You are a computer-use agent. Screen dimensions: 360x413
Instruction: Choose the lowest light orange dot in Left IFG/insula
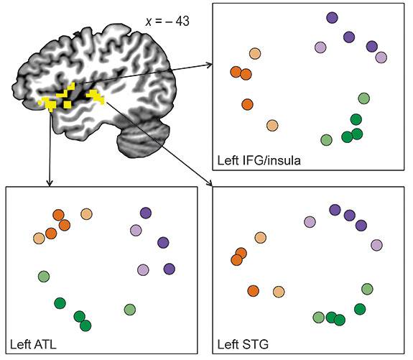pyautogui.click(x=272, y=125)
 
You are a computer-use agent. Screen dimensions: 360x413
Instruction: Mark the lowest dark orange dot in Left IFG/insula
pyautogui.click(x=248, y=104)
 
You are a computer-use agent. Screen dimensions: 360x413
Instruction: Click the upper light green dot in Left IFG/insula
pyautogui.click(x=363, y=98)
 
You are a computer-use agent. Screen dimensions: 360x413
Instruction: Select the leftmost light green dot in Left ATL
pyautogui.click(x=44, y=276)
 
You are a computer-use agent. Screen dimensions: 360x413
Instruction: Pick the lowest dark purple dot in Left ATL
pyautogui.click(x=170, y=269)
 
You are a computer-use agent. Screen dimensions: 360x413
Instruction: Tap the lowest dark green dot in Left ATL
pyautogui.click(x=86, y=326)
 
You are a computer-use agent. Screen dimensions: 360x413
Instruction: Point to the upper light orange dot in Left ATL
pyautogui.click(x=86, y=213)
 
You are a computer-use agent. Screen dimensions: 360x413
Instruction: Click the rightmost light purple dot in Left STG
pyautogui.click(x=376, y=245)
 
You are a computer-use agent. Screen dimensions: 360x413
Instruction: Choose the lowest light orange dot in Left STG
pyautogui.click(x=279, y=292)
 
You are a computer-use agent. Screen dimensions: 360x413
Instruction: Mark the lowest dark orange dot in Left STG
pyautogui.click(x=253, y=290)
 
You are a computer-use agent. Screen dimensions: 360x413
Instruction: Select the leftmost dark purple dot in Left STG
pyautogui.click(x=334, y=209)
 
